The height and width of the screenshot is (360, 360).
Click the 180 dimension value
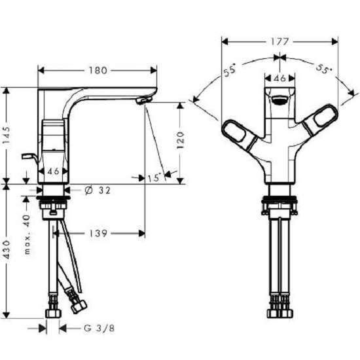tap(98, 71)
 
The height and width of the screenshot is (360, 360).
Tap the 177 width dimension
tap(279, 42)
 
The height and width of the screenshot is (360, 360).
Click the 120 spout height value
tap(181, 140)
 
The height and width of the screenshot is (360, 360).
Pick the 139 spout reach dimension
tap(98, 234)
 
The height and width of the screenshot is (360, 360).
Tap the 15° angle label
tap(154, 178)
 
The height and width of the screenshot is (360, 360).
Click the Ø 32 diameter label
tap(98, 190)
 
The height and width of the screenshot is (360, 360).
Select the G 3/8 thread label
tap(99, 329)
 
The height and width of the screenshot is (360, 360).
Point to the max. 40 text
tap(27, 234)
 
